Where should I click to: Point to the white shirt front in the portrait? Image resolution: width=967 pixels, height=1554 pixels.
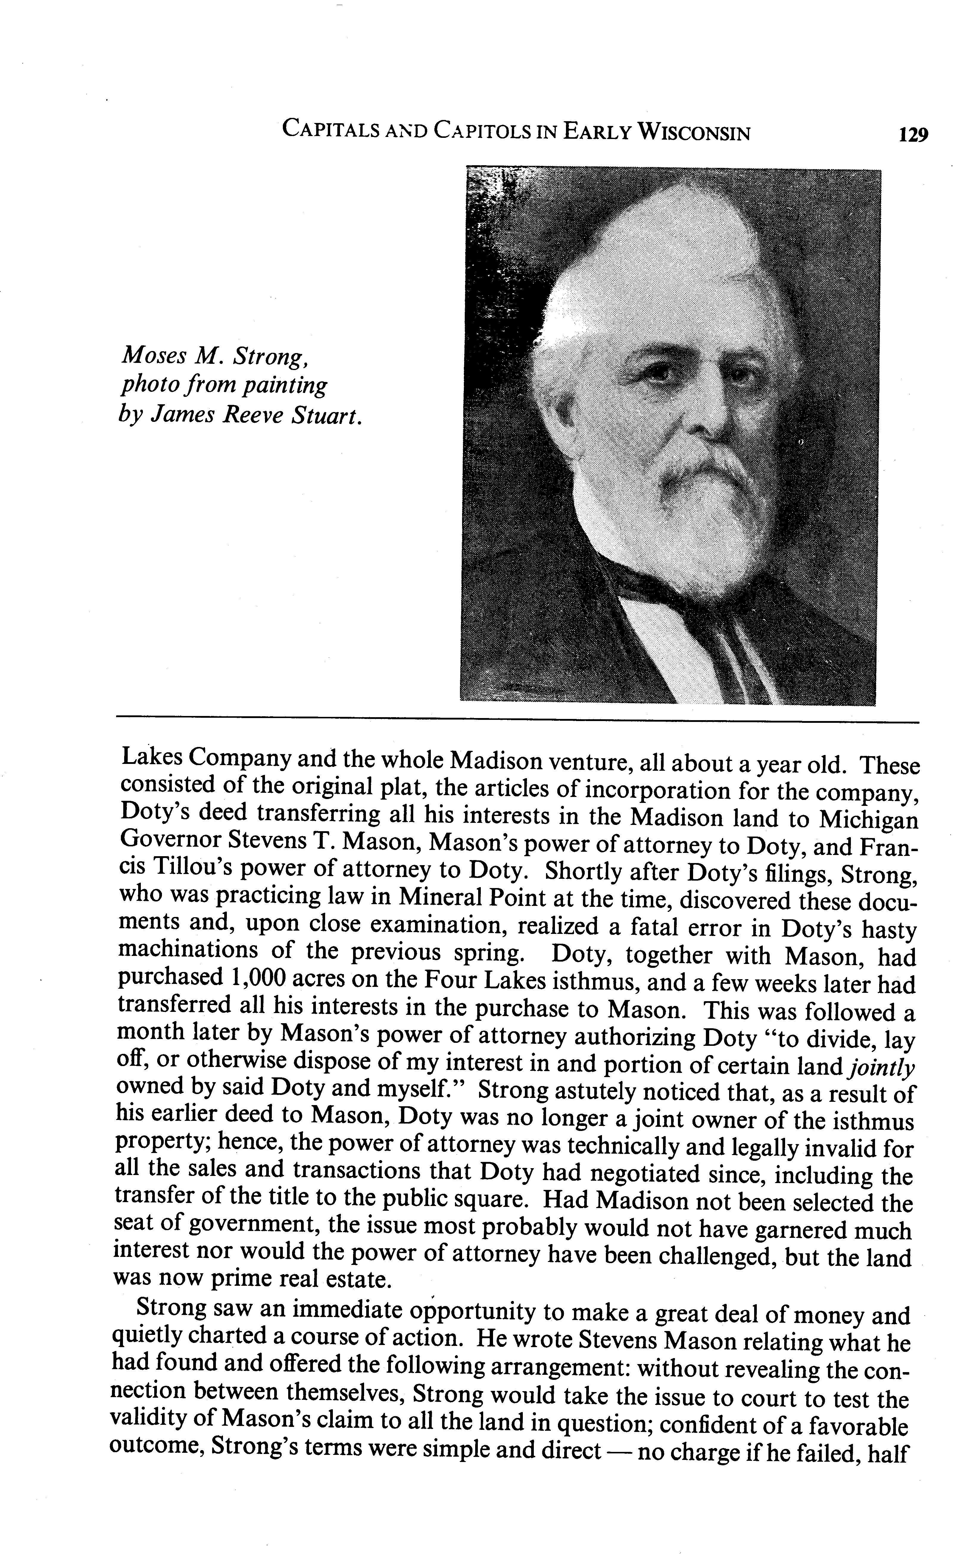[665, 646]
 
